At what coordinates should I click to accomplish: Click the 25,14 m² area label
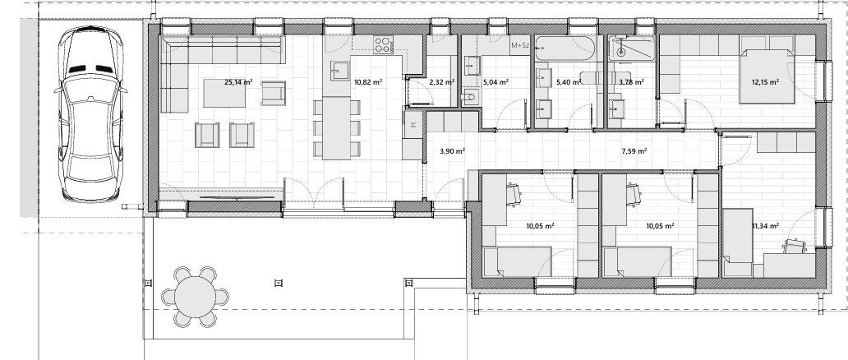pos(238,82)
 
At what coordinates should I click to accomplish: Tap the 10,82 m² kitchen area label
pos(368,82)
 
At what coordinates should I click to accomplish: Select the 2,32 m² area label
pos(441,82)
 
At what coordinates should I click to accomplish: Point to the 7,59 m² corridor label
pos(634,151)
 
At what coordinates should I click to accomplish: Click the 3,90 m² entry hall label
pos(453,151)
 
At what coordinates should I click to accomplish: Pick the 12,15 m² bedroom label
pos(765,82)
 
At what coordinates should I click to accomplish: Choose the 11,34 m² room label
pos(765,226)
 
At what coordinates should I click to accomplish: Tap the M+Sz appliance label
pos(519,45)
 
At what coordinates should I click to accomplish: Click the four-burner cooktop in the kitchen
pos(383,44)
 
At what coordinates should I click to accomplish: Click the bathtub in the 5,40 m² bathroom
pos(565,49)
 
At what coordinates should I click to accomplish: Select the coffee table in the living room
pos(224,94)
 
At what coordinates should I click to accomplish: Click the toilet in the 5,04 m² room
pos(469,99)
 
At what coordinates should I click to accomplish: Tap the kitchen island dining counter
pos(337,127)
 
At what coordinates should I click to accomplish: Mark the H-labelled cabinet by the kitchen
pos(412,124)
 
